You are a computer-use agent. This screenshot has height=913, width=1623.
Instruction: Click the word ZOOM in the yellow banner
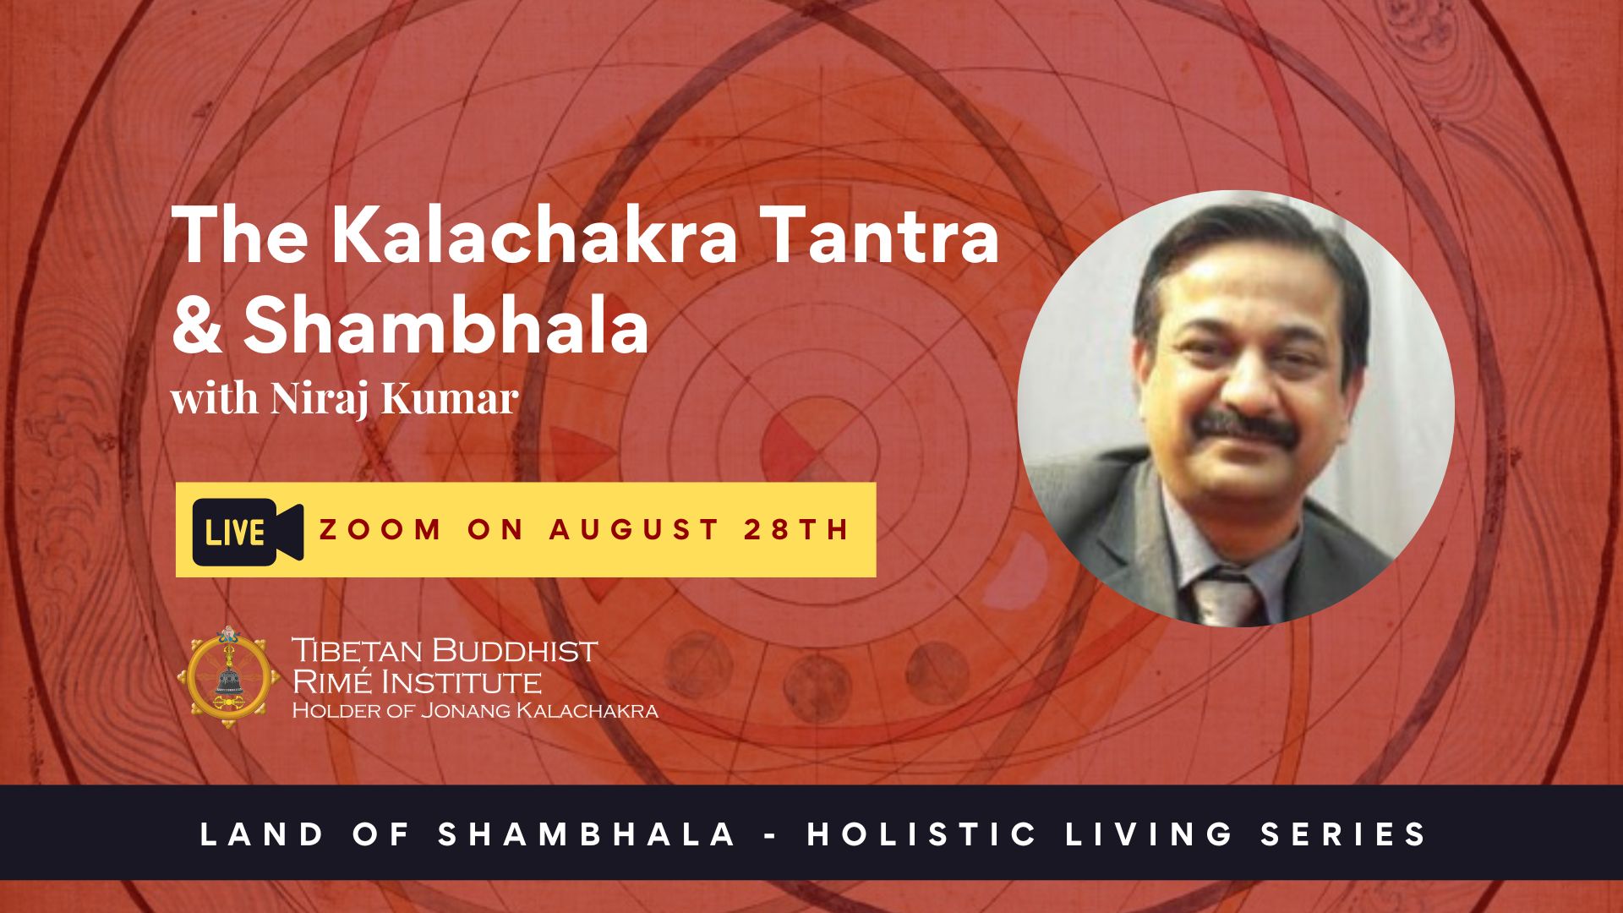tap(380, 529)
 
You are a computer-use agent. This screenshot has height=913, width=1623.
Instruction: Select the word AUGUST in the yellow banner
tap(635, 529)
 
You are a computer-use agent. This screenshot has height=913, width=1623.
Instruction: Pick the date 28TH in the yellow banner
tap(797, 529)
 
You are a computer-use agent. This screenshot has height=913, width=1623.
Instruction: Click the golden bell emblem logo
tap(229, 678)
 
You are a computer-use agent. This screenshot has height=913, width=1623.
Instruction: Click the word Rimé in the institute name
tap(333, 681)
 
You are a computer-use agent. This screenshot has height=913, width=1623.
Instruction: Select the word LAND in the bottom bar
tap(263, 834)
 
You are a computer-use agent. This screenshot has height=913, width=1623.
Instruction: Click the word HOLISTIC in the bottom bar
tap(922, 834)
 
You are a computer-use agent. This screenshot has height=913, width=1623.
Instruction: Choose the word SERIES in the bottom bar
tap(1344, 834)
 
